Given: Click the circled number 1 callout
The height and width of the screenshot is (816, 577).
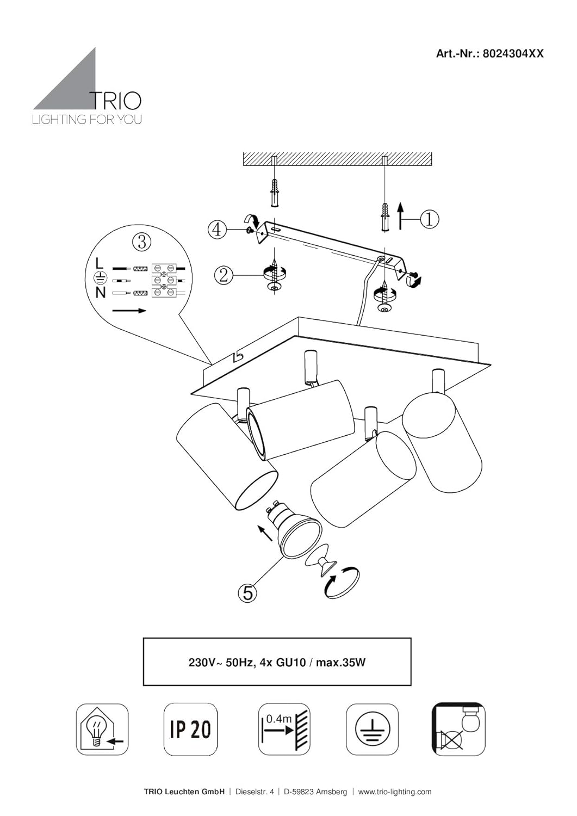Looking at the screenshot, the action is [x=429, y=219].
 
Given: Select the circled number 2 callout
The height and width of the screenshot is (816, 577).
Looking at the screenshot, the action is [x=224, y=275].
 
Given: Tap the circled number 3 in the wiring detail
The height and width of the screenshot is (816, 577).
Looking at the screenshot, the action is [x=142, y=242].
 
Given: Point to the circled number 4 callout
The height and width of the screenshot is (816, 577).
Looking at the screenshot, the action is [x=217, y=230].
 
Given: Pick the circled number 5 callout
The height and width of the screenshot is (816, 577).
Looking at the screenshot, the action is [x=247, y=593].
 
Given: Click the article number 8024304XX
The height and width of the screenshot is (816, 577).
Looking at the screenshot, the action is [x=513, y=54].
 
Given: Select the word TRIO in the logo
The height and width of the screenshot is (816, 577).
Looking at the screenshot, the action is [x=115, y=101].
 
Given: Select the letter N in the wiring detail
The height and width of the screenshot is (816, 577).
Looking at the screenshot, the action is [x=101, y=292].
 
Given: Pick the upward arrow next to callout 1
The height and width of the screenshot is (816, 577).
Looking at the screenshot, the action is [x=400, y=216].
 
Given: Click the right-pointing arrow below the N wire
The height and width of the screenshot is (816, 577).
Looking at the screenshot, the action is [x=129, y=311].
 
